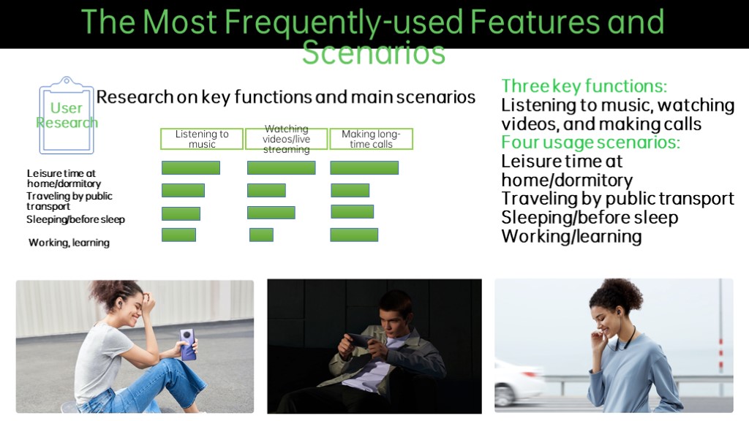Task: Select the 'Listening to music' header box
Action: click(x=202, y=139)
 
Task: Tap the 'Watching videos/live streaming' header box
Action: click(x=287, y=139)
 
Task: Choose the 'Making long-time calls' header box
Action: click(x=371, y=139)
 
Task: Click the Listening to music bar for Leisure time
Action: click(x=191, y=167)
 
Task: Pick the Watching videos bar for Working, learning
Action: click(x=261, y=235)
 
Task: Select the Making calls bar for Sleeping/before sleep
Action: click(x=352, y=211)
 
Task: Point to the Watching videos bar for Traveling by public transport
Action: click(x=266, y=191)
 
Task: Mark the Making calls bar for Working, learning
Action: click(x=354, y=235)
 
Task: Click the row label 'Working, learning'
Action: click(x=69, y=243)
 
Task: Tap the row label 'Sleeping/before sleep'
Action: click(x=75, y=219)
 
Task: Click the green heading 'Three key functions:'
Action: click(x=584, y=86)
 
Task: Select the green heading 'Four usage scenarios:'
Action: click(x=590, y=143)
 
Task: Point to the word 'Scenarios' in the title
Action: click(x=374, y=53)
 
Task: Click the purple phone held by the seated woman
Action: click(x=187, y=344)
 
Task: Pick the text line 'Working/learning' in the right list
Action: click(x=571, y=236)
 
